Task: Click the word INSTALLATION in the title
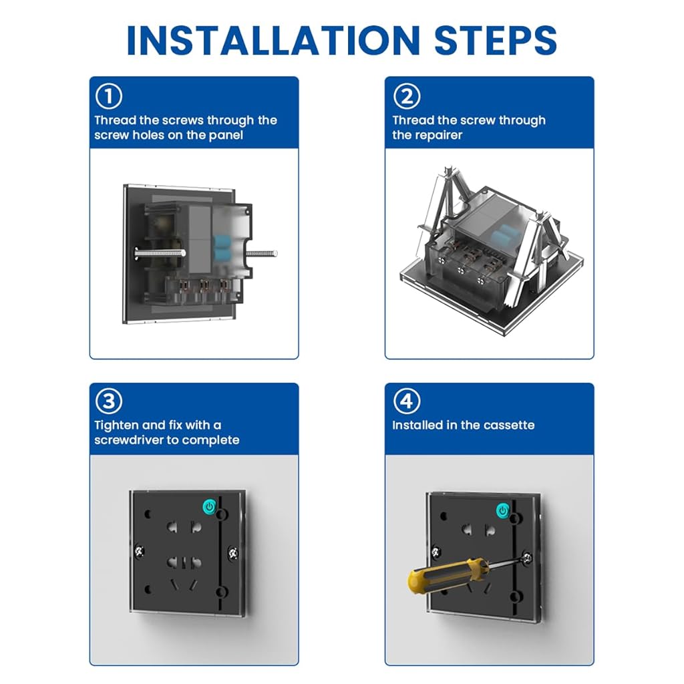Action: (273, 40)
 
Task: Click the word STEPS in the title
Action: (496, 40)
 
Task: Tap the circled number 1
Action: (109, 96)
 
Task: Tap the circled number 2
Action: (407, 96)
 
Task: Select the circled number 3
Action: (109, 401)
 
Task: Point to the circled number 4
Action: (407, 401)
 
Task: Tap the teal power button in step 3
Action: (209, 506)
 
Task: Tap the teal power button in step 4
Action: (503, 510)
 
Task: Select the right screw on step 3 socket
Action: (233, 553)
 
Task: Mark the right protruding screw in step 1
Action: (262, 253)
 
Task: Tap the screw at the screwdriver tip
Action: (527, 557)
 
